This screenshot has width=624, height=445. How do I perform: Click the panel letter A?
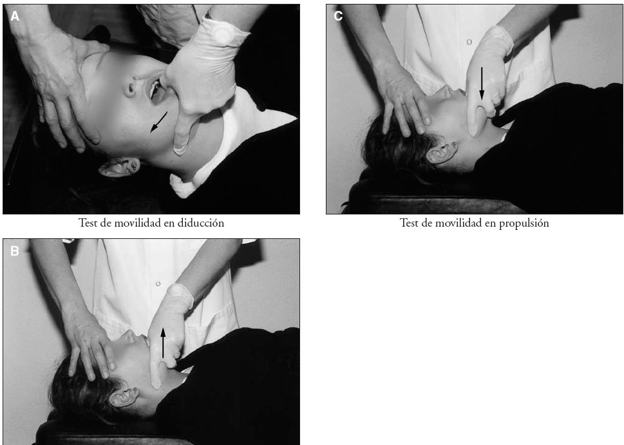(15, 16)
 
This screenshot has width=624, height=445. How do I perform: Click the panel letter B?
(15, 251)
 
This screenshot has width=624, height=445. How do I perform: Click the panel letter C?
(338, 16)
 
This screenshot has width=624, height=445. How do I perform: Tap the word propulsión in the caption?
(524, 223)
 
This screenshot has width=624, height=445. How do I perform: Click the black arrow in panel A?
(158, 122)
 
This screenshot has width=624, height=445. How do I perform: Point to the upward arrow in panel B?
(163, 343)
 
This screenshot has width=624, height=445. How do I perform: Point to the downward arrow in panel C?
(482, 84)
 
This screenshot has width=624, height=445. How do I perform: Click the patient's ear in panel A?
(119, 167)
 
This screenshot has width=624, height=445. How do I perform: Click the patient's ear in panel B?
(124, 396)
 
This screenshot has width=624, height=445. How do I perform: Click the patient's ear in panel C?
(442, 152)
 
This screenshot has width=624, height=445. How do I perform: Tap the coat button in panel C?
(469, 42)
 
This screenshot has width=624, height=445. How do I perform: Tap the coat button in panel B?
(158, 284)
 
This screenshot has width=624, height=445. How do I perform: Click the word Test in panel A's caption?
(88, 223)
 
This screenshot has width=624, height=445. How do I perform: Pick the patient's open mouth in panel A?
(156, 92)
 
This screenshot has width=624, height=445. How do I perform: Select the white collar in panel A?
(223, 147)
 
